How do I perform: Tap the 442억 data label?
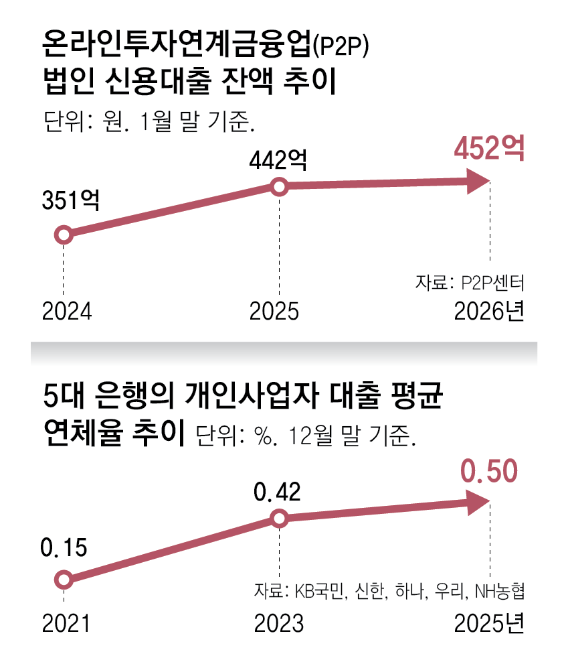278,160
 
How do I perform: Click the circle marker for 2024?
63,235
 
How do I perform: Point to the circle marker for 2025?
280,187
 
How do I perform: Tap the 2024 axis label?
66,312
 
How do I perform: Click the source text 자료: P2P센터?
468,283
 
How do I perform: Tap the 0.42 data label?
277,493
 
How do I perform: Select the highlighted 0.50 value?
489,472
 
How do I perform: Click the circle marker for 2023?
280,519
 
